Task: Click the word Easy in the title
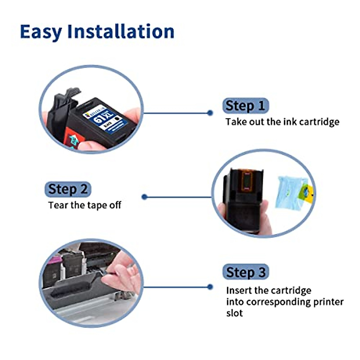(41, 31)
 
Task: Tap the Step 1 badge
(245, 106)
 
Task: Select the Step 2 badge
(68, 189)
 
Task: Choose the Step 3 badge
(245, 272)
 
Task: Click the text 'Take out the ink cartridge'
(282, 122)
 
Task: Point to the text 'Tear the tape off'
(85, 205)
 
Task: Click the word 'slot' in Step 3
(234, 313)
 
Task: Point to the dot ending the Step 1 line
(210, 113)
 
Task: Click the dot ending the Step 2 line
(144, 197)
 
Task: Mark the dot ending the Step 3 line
(210, 287)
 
